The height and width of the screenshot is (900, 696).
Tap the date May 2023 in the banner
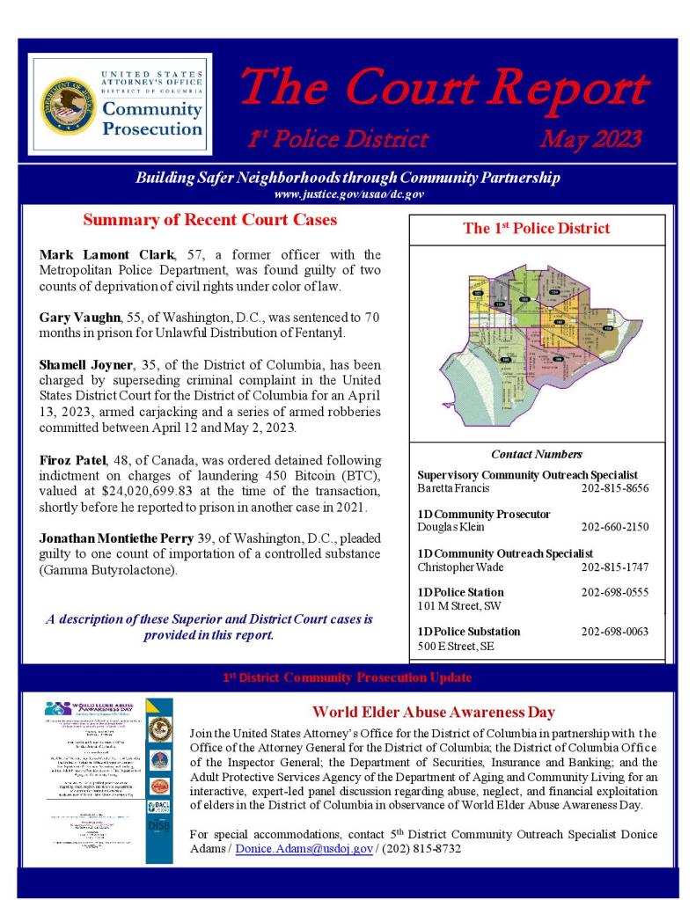tap(590, 138)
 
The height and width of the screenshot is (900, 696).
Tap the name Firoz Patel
tap(72, 460)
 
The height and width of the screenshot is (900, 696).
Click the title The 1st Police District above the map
tap(536, 229)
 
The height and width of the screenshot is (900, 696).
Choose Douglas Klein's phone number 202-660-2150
tap(615, 527)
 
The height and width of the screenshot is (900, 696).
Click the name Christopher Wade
tap(461, 567)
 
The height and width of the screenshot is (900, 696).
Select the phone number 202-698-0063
tap(615, 632)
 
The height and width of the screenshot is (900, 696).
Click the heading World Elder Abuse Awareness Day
tap(433, 713)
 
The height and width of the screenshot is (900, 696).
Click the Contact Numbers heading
tap(536, 455)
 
